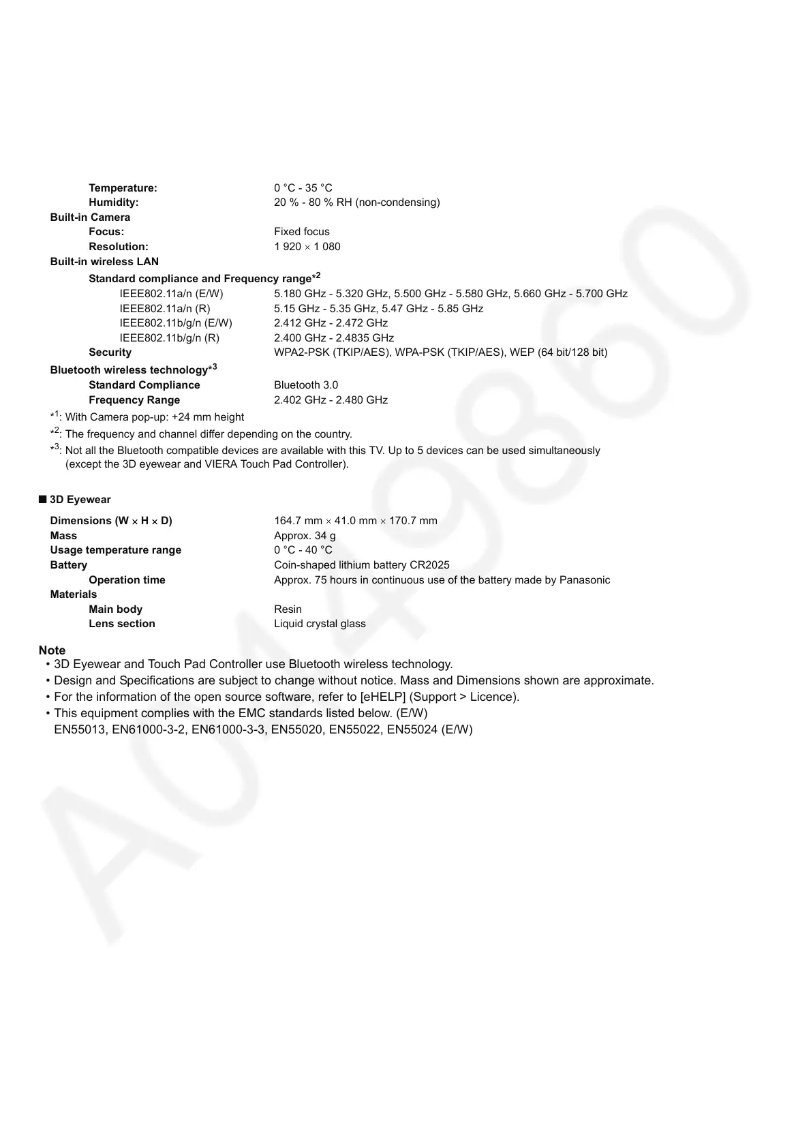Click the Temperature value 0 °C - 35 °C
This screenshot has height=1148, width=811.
pyautogui.click(x=303, y=188)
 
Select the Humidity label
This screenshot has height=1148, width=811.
pyautogui.click(x=113, y=202)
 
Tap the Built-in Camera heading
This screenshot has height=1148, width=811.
pyautogui.click(x=90, y=217)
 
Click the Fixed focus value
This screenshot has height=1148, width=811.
pyautogui.click(x=301, y=232)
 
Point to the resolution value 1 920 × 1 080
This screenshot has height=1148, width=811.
pyautogui.click(x=307, y=247)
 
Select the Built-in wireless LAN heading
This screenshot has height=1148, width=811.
pyautogui.click(x=104, y=262)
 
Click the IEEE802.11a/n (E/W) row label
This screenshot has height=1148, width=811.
pyautogui.click(x=171, y=294)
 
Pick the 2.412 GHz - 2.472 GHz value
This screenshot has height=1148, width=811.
pyautogui.click(x=331, y=323)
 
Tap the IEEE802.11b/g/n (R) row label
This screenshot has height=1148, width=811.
pyautogui.click(x=169, y=338)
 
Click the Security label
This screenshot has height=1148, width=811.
pyautogui.click(x=110, y=352)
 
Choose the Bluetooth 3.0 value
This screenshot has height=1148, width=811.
pyautogui.click(x=306, y=385)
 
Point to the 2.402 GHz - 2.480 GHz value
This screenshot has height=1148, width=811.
pyautogui.click(x=331, y=400)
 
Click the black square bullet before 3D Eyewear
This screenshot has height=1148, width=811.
pyautogui.click(x=43, y=499)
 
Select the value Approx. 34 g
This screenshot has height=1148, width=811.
pyautogui.click(x=305, y=536)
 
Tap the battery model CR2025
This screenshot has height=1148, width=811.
pyautogui.click(x=429, y=565)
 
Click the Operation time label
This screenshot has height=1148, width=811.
pyautogui.click(x=127, y=580)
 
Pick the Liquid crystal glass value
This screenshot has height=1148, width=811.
pyautogui.click(x=320, y=624)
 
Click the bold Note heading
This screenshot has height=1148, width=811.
pyautogui.click(x=52, y=650)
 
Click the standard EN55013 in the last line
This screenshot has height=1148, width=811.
pyautogui.click(x=80, y=729)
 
